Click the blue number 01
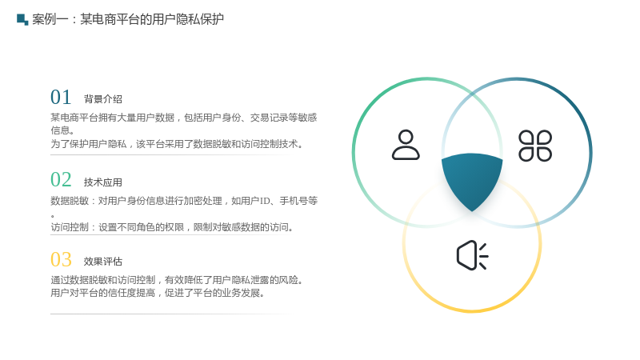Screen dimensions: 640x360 (61, 98)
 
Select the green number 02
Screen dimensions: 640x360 (61, 180)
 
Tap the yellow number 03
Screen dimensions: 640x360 (61, 259)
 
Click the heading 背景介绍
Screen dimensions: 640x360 (103, 99)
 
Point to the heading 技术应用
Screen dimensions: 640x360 (103, 182)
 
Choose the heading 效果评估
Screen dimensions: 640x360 (103, 262)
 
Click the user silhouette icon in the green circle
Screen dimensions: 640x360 (406, 145)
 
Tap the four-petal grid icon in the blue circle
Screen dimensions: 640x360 (535, 146)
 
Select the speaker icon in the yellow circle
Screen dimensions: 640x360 (472, 255)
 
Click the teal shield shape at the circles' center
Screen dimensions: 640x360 (472, 179)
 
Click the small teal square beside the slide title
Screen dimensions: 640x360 (22, 19)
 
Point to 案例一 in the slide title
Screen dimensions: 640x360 (50, 19)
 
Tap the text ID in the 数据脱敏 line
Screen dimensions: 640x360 (266, 201)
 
